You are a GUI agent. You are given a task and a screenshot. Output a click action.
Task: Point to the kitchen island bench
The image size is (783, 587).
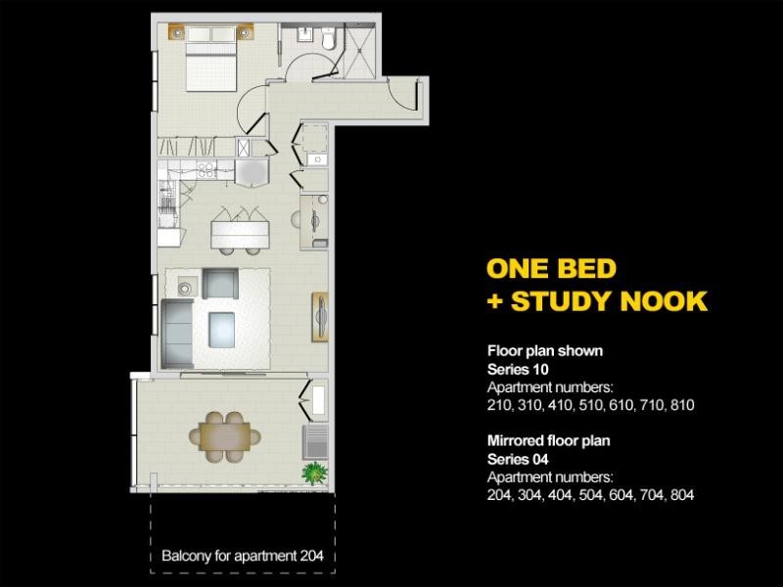click(x=239, y=232)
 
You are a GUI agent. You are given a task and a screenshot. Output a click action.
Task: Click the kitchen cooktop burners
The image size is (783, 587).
click(x=207, y=170)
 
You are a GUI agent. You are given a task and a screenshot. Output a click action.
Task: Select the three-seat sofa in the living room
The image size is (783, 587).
click(x=178, y=330)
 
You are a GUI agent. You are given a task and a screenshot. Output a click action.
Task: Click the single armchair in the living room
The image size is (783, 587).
click(x=221, y=284)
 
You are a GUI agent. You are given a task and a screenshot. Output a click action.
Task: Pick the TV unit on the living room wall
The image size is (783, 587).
click(x=320, y=316)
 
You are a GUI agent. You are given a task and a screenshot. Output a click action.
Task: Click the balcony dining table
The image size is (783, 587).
click(x=225, y=433)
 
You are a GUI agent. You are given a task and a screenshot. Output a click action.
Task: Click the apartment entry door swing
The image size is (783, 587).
click(x=403, y=94)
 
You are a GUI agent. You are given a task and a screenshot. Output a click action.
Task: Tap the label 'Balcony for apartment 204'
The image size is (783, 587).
click(x=242, y=557)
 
